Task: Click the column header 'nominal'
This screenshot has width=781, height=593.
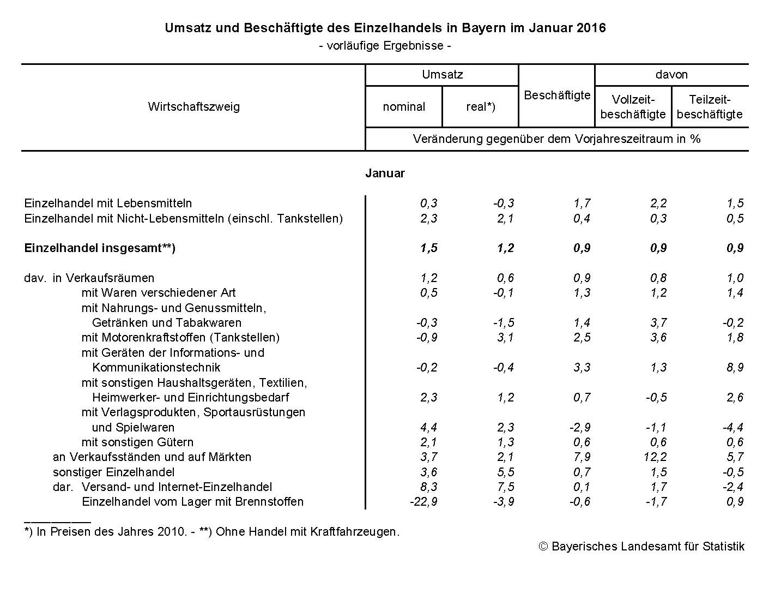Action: click(404, 107)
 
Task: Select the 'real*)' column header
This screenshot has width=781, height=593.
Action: click(480, 107)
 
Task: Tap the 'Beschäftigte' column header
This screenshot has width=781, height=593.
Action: click(557, 95)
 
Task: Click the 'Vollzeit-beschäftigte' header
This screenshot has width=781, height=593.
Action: click(633, 107)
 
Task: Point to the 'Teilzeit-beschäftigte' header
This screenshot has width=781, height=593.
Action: click(710, 107)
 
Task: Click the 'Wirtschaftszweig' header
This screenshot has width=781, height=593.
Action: click(193, 106)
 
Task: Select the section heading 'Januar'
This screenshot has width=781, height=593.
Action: click(385, 173)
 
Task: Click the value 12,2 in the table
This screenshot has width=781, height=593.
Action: click(655, 457)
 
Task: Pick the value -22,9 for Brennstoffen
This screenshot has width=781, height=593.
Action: click(423, 502)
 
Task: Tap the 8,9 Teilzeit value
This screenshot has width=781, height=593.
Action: click(735, 368)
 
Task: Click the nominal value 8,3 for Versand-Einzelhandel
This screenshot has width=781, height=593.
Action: click(429, 487)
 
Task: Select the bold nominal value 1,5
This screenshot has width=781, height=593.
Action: click(428, 248)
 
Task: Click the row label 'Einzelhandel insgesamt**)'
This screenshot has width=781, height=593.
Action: click(100, 248)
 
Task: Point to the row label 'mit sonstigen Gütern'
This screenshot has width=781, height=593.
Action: click(137, 442)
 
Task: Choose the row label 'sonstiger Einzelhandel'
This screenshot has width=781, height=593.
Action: click(113, 472)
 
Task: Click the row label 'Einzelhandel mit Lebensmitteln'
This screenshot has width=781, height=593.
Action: click(108, 203)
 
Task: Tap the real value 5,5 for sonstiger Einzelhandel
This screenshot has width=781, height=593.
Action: click(506, 472)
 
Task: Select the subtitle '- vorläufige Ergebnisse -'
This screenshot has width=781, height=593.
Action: click(385, 46)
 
